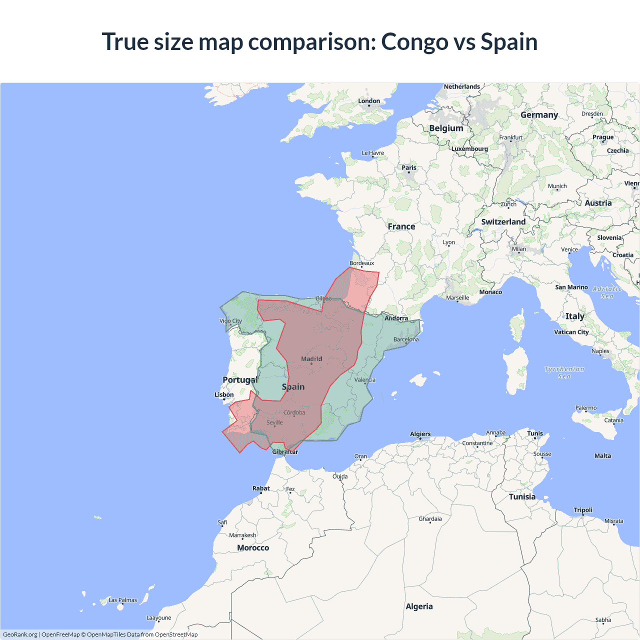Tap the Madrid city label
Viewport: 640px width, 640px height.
311,358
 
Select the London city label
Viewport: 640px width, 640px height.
369,101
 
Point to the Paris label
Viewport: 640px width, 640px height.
409,167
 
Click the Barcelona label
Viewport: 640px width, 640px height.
406,339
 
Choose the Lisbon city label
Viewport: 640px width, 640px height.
224,394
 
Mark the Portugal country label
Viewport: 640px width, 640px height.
240,379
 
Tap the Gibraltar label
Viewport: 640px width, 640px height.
285,451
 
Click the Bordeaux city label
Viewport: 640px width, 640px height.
361,263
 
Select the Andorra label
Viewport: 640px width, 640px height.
396,318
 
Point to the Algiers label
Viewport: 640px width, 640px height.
420,434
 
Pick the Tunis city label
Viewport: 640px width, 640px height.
534,433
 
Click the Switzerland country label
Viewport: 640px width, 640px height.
503,221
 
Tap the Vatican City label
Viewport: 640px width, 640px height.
571,332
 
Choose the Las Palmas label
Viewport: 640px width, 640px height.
122,600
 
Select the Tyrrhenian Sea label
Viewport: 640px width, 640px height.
564,372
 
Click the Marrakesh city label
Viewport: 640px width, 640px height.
242,535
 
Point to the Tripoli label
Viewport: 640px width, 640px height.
583,510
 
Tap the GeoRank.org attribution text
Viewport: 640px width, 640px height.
20,634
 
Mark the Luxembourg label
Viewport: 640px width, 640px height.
469,148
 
